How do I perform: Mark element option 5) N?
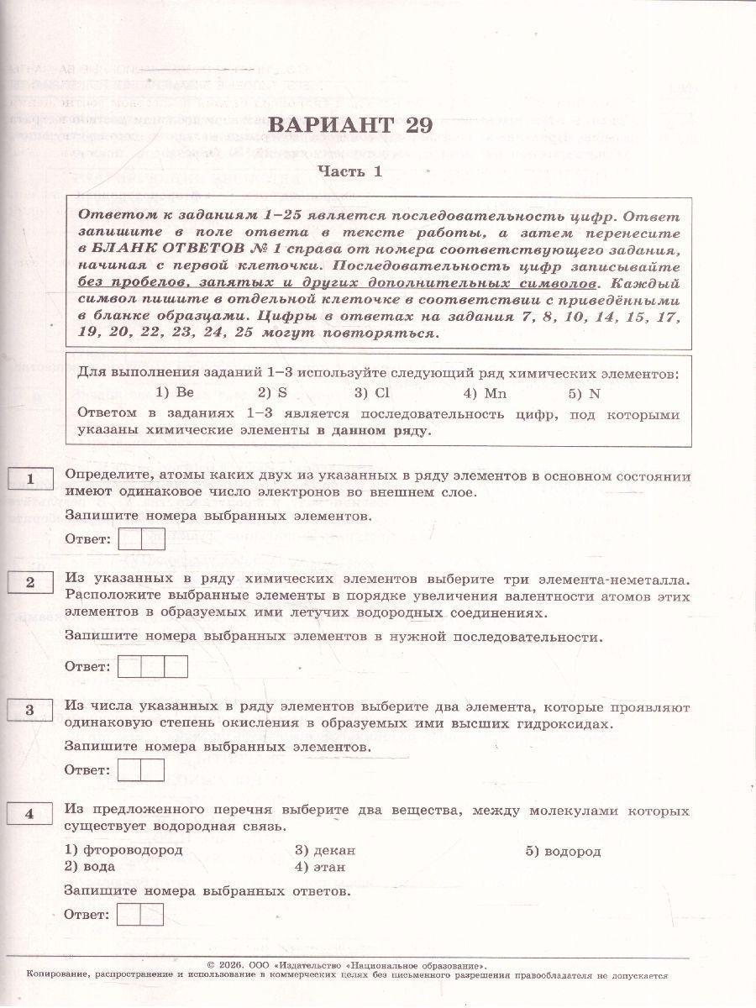(x=582, y=392)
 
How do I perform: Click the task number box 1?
(x=30, y=479)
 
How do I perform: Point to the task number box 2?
(x=30, y=581)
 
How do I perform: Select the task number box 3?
(x=30, y=710)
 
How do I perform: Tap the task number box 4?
(x=30, y=813)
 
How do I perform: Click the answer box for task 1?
(x=141, y=538)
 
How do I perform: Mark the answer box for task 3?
(x=141, y=769)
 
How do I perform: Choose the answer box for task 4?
(x=141, y=915)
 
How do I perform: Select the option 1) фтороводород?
(x=123, y=850)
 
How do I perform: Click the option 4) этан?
(x=320, y=866)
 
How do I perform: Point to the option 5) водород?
(x=564, y=850)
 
